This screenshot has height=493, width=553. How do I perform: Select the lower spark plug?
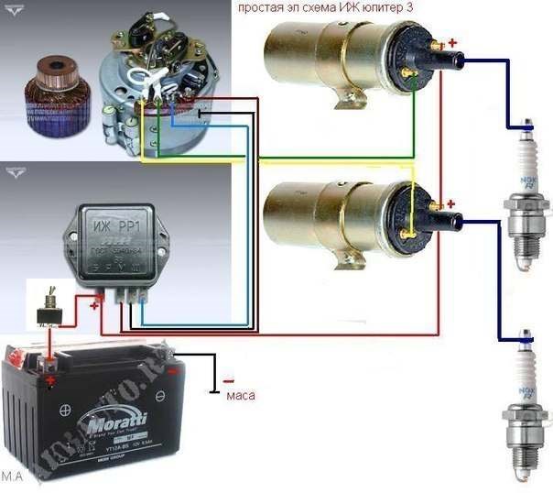pyautogui.click(x=523, y=403)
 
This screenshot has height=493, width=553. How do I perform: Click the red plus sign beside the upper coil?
pyautogui.click(x=450, y=42)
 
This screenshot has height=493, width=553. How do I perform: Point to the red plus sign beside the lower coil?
pyautogui.click(x=450, y=203)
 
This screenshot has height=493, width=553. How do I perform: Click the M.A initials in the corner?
pyautogui.click(x=12, y=477)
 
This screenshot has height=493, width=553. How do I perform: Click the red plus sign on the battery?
pyautogui.click(x=49, y=379)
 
